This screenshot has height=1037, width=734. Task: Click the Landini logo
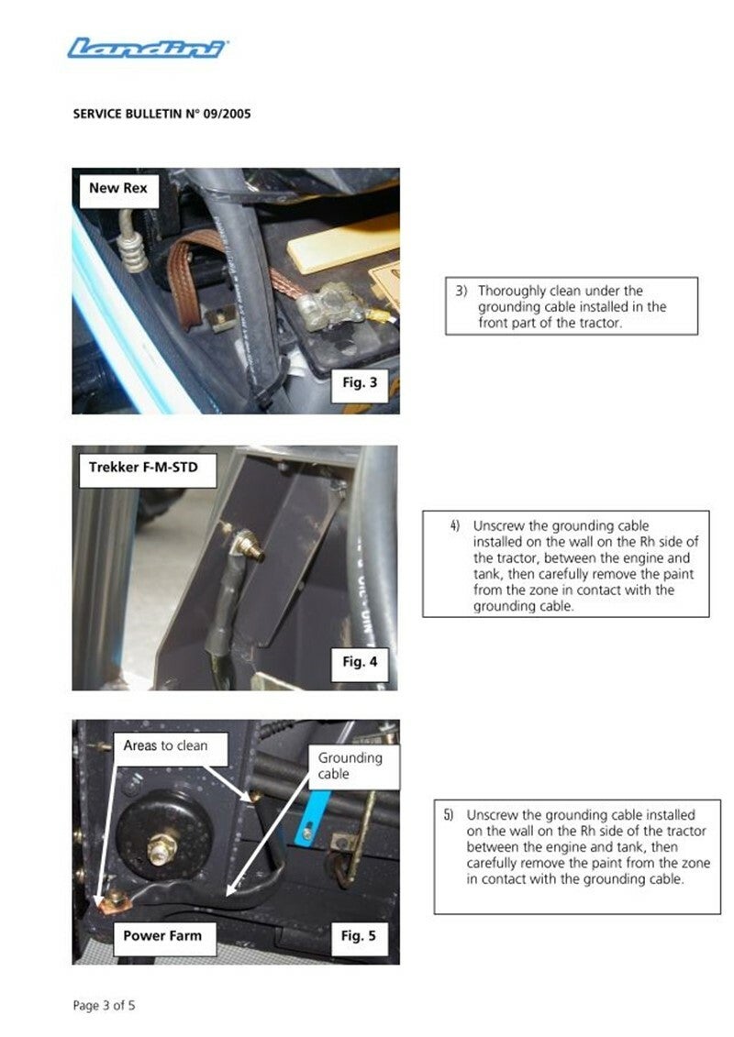coord(148,49)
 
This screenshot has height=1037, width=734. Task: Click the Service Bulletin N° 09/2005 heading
coord(161,114)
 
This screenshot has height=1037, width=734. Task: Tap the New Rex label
coord(118,189)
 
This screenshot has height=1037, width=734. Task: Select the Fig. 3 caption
coord(360,382)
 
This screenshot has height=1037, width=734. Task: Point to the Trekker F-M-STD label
coord(144,468)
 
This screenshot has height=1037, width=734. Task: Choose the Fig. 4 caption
coord(360,662)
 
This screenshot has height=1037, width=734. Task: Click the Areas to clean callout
coord(165,746)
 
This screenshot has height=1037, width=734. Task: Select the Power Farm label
coord(162,936)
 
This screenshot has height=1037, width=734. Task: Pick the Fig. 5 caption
coord(358,936)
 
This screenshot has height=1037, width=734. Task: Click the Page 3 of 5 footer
coord(104,1006)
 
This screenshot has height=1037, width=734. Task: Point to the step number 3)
coord(462,291)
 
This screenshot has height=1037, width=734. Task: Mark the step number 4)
coord(455,526)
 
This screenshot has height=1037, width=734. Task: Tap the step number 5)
coord(450,815)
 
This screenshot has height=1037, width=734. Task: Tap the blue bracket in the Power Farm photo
coord(310,820)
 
